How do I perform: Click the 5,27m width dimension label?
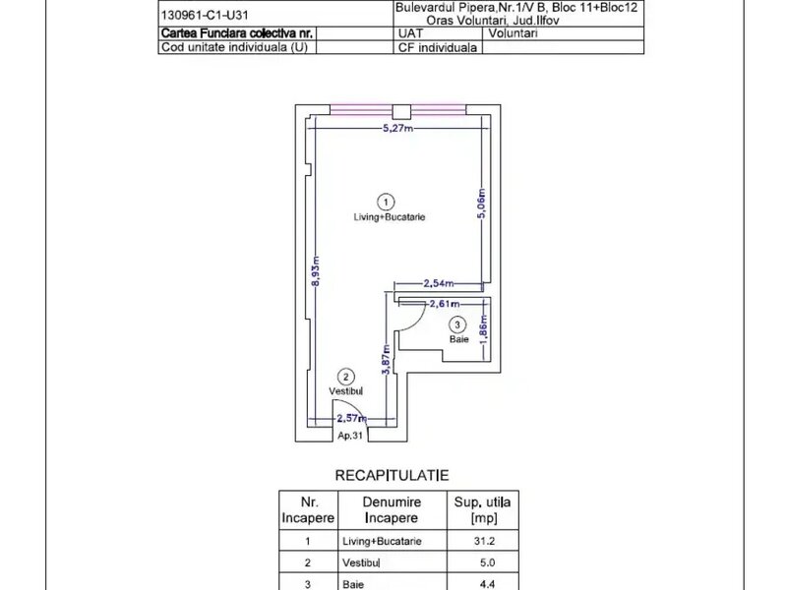tap(398, 128)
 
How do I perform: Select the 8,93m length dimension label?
tap(316, 271)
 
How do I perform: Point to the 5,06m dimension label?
tap(481, 204)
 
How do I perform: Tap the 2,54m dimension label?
tap(439, 283)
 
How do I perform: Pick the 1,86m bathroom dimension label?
tap(483, 330)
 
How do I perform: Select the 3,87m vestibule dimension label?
tap(386, 359)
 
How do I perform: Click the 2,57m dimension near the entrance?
tap(351, 418)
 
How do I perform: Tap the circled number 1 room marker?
tap(386, 203)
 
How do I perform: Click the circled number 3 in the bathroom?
tap(456, 325)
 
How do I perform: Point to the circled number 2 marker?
tap(345, 377)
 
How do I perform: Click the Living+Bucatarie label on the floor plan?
tap(390, 217)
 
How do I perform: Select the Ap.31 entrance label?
tap(350, 436)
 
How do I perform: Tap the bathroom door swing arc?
tap(420, 322)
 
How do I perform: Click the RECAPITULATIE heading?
tap(392, 475)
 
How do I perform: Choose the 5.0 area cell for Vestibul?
tap(487, 562)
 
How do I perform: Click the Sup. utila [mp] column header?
tap(483, 509)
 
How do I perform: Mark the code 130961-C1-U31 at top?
tap(205, 15)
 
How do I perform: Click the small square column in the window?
tap(401, 112)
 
